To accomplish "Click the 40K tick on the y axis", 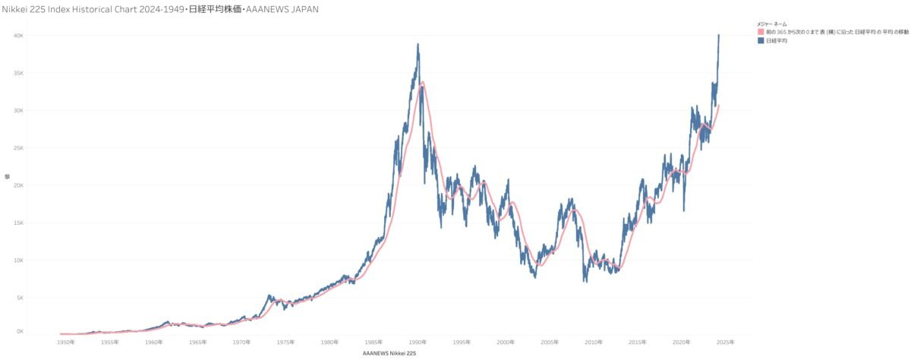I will pyautogui.click(x=20, y=36).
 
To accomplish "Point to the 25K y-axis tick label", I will pyautogui.click(x=20, y=148).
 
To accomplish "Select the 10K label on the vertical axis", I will pyautogui.click(x=20, y=261).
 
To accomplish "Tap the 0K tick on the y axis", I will pyautogui.click(x=20, y=332).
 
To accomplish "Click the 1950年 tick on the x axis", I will pyautogui.click(x=66, y=343).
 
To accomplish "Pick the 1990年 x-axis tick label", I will pyautogui.click(x=417, y=343).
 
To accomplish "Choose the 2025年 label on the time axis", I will pyautogui.click(x=725, y=343).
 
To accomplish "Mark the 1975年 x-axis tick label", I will pyautogui.click(x=285, y=343).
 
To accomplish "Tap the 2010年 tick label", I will pyautogui.click(x=593, y=343).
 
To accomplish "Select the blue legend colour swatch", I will pyautogui.click(x=761, y=41).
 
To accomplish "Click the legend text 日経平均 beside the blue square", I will pyautogui.click(x=776, y=41).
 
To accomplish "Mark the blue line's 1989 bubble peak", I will pyautogui.click(x=418, y=44).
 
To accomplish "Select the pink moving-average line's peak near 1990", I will pyautogui.click(x=423, y=82).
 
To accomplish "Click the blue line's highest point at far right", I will pyautogui.click(x=719, y=35).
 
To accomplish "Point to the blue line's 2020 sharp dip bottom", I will pyautogui.click(x=684, y=210).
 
